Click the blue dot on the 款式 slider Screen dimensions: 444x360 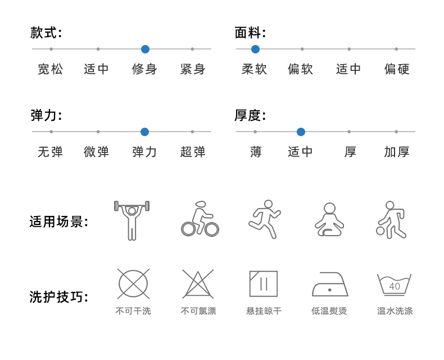145,49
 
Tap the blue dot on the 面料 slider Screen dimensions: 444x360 255,49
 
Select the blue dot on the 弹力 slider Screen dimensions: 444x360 144,132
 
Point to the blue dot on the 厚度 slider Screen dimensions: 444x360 301,132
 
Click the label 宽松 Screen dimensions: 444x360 51,69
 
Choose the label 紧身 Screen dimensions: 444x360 193,69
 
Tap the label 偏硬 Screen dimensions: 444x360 397,69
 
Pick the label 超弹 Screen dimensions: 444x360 193,152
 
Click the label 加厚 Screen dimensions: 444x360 397,152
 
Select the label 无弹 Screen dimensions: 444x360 51,152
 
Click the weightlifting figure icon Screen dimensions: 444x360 132,220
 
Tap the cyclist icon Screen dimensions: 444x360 200,219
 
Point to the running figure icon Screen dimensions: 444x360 264,219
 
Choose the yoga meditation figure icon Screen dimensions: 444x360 329,220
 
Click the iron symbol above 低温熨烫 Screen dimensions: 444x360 330,286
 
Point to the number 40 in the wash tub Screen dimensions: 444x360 395,286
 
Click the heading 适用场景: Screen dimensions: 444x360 58,222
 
